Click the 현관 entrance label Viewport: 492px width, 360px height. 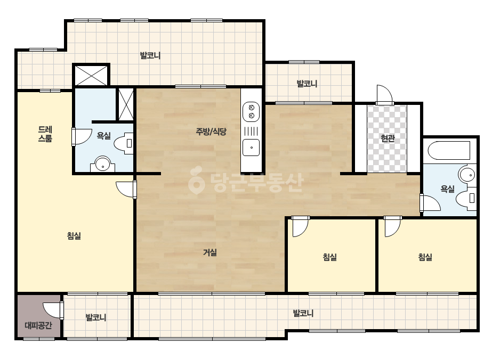point(388,138)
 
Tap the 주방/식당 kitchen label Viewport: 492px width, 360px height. point(211,132)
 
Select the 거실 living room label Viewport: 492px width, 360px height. point(210,252)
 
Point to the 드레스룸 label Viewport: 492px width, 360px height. point(45,134)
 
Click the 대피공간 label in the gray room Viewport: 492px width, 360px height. point(38,325)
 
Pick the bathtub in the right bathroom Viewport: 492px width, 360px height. point(449,151)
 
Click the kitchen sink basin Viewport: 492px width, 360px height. point(251,148)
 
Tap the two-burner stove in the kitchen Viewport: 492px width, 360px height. point(251,112)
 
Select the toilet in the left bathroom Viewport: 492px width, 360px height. point(124,143)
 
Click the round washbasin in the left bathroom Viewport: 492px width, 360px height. point(102,163)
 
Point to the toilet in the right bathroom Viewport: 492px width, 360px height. point(466,198)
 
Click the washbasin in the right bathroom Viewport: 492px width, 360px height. point(467,174)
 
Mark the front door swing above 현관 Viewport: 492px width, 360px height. point(385,94)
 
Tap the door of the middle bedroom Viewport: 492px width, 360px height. point(300,226)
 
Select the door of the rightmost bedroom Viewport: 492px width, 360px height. point(392,226)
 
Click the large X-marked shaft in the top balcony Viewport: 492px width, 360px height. point(91,75)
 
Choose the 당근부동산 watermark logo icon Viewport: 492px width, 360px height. point(197,180)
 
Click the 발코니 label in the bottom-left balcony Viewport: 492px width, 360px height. point(96,317)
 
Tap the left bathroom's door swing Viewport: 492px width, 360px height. point(82,136)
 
